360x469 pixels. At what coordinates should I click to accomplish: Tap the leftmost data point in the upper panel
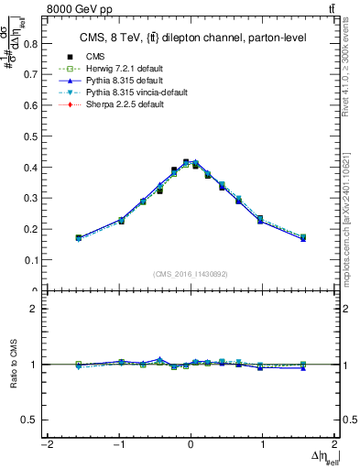coord(79,238)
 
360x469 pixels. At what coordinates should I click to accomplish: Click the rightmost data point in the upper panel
coord(303,238)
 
